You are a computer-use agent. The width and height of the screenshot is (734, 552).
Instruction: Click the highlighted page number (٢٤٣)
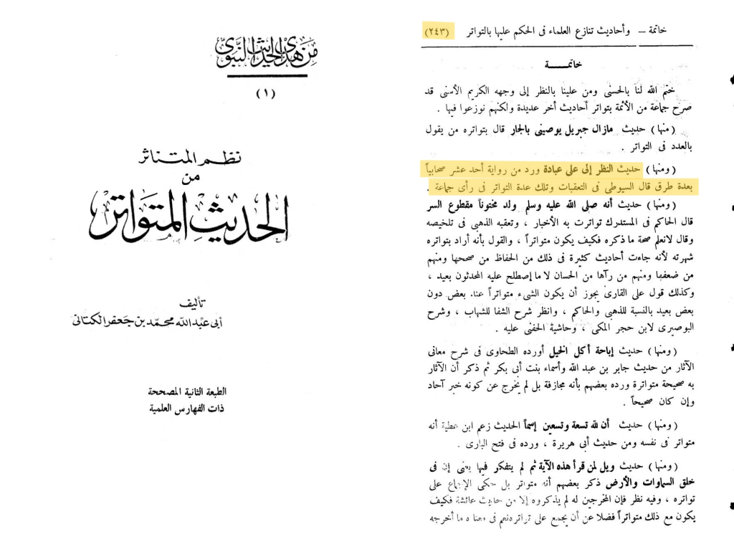coord(437,32)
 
